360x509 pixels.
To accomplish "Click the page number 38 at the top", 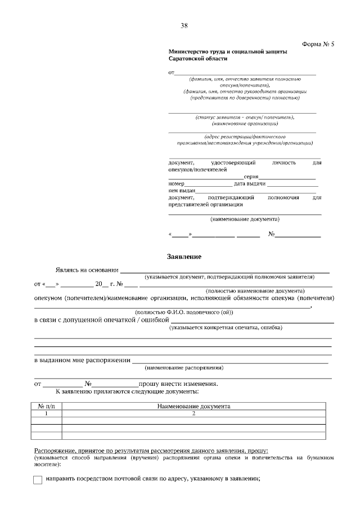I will click(x=184, y=25).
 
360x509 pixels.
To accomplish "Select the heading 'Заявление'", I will click(x=184, y=256).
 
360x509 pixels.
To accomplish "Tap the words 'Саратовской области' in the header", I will click(x=198, y=58).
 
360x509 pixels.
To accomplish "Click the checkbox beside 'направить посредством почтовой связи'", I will click(x=38, y=480).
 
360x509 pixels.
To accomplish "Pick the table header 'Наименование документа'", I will click(x=193, y=406).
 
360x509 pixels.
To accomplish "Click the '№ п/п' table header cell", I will click(x=46, y=406).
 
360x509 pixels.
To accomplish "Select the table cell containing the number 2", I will click(x=193, y=413).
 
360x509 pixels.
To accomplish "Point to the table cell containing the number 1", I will click(x=46, y=413).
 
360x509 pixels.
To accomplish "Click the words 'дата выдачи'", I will click(x=250, y=184).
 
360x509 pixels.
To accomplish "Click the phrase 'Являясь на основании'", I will click(x=87, y=270).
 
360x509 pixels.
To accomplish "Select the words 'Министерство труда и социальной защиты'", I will click(x=227, y=51).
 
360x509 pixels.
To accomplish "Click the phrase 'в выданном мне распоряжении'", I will click(x=82, y=360).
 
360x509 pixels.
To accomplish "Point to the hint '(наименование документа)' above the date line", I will click(x=245, y=219).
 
